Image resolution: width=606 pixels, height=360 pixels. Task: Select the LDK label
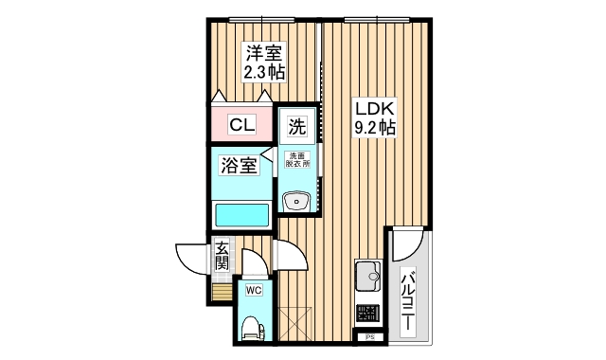point(374,108)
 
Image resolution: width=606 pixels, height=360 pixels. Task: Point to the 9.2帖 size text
point(374,128)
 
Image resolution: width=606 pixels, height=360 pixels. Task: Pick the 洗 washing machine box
point(297,125)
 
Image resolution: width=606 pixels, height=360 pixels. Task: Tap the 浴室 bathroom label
point(239,166)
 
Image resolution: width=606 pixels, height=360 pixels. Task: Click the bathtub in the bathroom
point(242,214)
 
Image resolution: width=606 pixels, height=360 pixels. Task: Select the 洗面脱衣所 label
point(300,159)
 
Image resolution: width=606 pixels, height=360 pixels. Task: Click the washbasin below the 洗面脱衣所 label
point(298,201)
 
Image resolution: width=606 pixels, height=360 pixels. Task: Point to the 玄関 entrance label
point(222,257)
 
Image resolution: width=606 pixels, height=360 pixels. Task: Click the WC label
point(254,290)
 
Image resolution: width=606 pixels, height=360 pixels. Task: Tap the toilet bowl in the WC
point(253,327)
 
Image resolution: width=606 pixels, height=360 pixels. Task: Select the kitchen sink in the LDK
point(366,277)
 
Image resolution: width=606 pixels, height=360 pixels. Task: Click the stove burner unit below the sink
point(366,314)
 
